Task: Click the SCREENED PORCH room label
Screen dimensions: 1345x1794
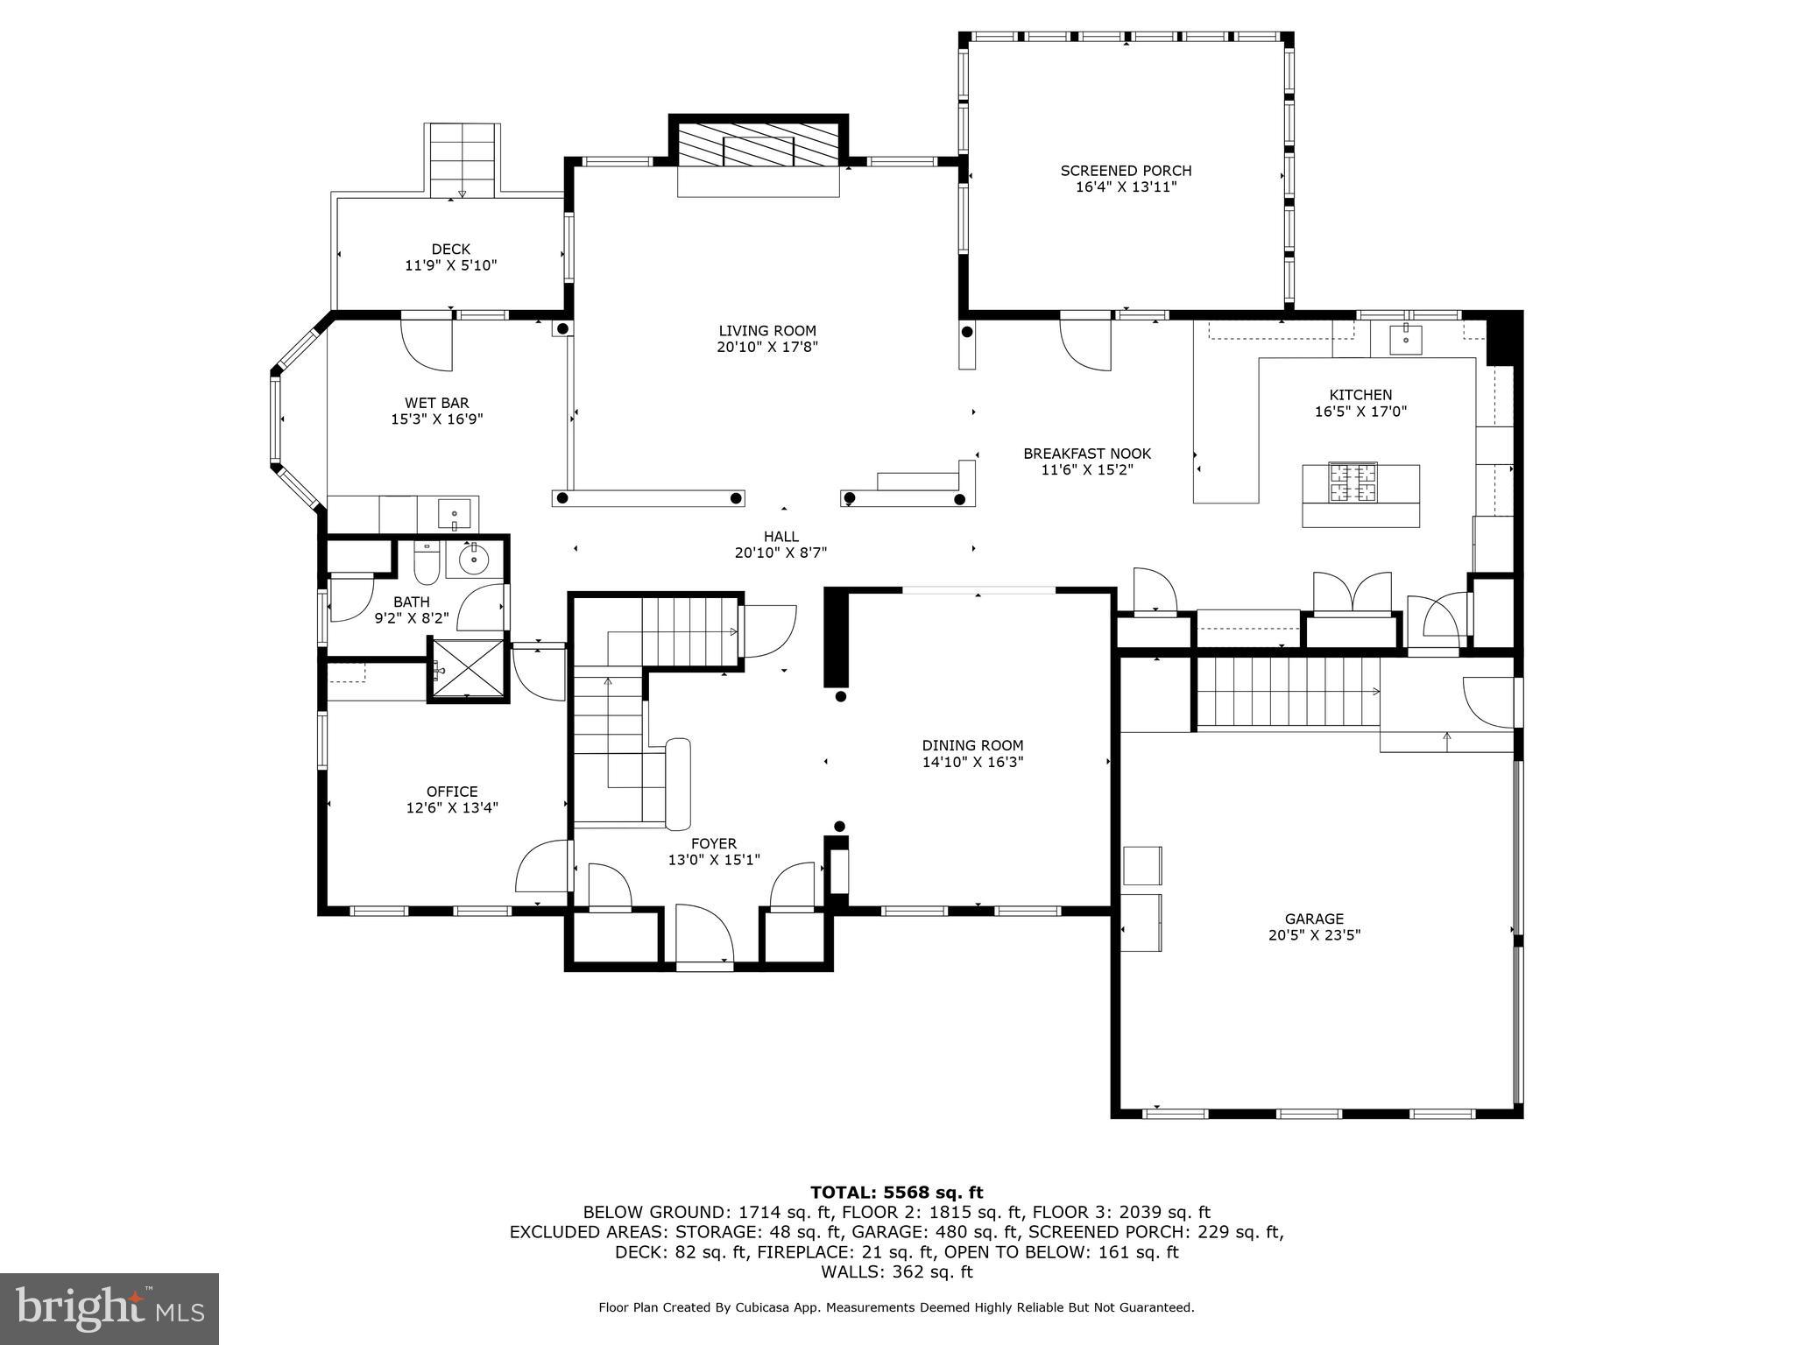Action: [1126, 171]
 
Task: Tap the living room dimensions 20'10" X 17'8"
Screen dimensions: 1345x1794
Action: [767, 348]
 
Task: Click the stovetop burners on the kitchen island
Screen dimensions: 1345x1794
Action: [1353, 482]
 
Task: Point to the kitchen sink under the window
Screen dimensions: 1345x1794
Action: [1405, 338]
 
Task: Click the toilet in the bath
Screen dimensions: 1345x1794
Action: [426, 563]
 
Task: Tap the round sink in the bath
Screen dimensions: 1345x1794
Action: [474, 558]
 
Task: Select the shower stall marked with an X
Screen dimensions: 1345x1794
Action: [468, 671]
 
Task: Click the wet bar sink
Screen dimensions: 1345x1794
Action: [455, 511]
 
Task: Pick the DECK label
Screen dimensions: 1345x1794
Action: [450, 250]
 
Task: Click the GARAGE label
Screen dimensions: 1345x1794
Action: [1313, 919]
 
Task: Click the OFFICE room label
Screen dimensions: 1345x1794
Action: [452, 792]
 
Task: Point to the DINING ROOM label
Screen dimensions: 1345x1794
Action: [972, 746]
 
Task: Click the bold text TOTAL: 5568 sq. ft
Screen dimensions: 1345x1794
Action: [896, 1192]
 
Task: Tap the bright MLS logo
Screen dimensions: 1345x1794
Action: [109, 1308]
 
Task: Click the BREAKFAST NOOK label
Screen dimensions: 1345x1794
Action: [1087, 454]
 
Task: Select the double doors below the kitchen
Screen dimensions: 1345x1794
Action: [1353, 593]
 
